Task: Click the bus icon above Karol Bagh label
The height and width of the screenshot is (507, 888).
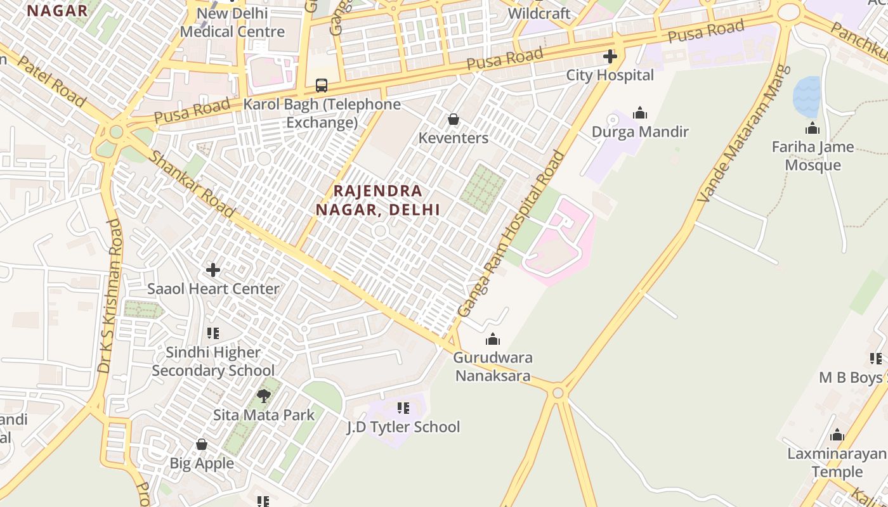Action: click(322, 86)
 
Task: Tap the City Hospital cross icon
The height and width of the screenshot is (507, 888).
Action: click(610, 56)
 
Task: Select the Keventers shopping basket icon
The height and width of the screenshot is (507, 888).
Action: click(454, 119)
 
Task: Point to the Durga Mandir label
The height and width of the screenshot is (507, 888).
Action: click(640, 132)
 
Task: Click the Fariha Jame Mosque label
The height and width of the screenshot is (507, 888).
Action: click(813, 156)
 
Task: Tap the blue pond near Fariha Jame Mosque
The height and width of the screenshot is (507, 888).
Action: click(806, 97)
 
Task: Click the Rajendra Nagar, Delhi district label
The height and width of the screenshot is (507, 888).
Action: click(378, 200)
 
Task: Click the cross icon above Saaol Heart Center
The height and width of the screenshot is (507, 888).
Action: click(213, 270)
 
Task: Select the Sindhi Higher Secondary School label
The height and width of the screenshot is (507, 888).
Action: click(213, 361)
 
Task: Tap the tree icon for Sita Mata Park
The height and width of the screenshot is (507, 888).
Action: click(264, 397)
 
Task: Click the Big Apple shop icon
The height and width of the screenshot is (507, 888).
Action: click(202, 445)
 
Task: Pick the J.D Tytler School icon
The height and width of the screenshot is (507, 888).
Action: click(403, 408)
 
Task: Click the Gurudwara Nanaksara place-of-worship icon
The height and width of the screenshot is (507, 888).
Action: click(493, 340)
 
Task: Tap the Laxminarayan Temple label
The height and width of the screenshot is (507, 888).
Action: click(837, 463)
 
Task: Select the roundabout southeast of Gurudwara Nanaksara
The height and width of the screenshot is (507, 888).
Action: click(558, 393)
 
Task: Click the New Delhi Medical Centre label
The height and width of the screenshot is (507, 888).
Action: click(232, 22)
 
